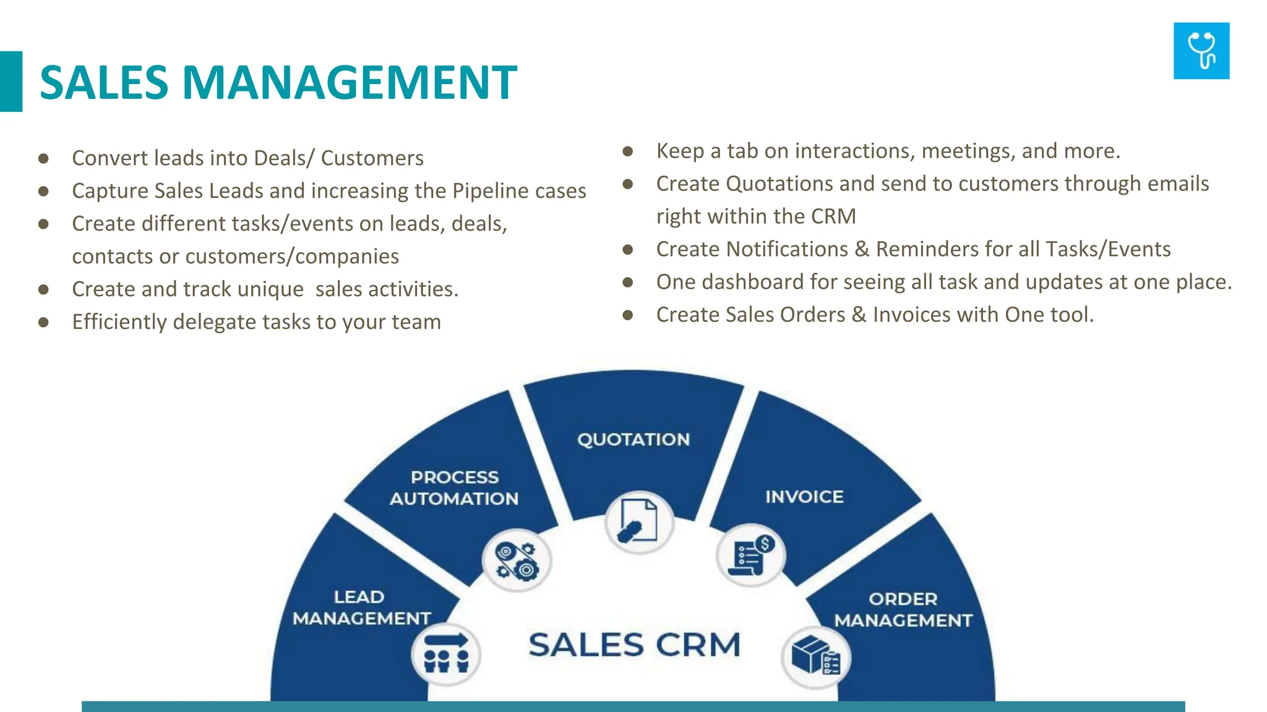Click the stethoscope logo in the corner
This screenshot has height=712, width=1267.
pos(1201,51)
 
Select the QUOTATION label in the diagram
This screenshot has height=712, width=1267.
pos(633,439)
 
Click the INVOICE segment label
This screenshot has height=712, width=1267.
pos(804,497)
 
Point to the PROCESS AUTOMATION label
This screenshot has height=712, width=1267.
pos(454,488)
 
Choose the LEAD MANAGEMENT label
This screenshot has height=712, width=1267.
pos(361,608)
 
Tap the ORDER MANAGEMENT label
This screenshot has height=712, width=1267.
pos(903,609)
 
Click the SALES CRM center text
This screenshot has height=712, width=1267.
pos(634,645)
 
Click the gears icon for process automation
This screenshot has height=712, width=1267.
pos(517,561)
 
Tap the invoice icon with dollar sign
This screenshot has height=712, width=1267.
pos(750,554)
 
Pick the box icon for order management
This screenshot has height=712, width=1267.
pos(815,656)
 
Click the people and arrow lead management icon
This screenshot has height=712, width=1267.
pos(446,654)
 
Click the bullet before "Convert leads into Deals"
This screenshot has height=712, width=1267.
pos(43,158)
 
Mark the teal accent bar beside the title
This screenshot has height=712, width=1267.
pos(11,82)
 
